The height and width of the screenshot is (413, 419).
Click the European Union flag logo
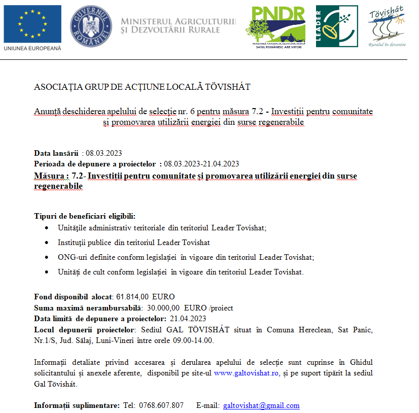(x=32, y=24)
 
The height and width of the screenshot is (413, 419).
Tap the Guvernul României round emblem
(x=91, y=26)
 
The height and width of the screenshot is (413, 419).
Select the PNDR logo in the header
(x=278, y=26)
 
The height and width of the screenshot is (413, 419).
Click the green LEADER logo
(x=336, y=26)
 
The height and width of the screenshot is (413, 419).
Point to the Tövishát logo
(x=387, y=26)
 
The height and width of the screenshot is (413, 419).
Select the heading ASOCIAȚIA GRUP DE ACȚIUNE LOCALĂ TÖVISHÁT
(x=142, y=87)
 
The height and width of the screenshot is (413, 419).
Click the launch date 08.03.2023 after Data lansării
(x=104, y=153)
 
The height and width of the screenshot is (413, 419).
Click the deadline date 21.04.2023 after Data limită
(x=188, y=319)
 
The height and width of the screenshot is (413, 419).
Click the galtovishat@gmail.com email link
(x=261, y=405)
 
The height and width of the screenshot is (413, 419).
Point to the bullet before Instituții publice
(x=47, y=243)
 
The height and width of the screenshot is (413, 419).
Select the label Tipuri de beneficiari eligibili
(x=85, y=216)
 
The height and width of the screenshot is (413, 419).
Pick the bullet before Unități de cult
(x=47, y=272)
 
